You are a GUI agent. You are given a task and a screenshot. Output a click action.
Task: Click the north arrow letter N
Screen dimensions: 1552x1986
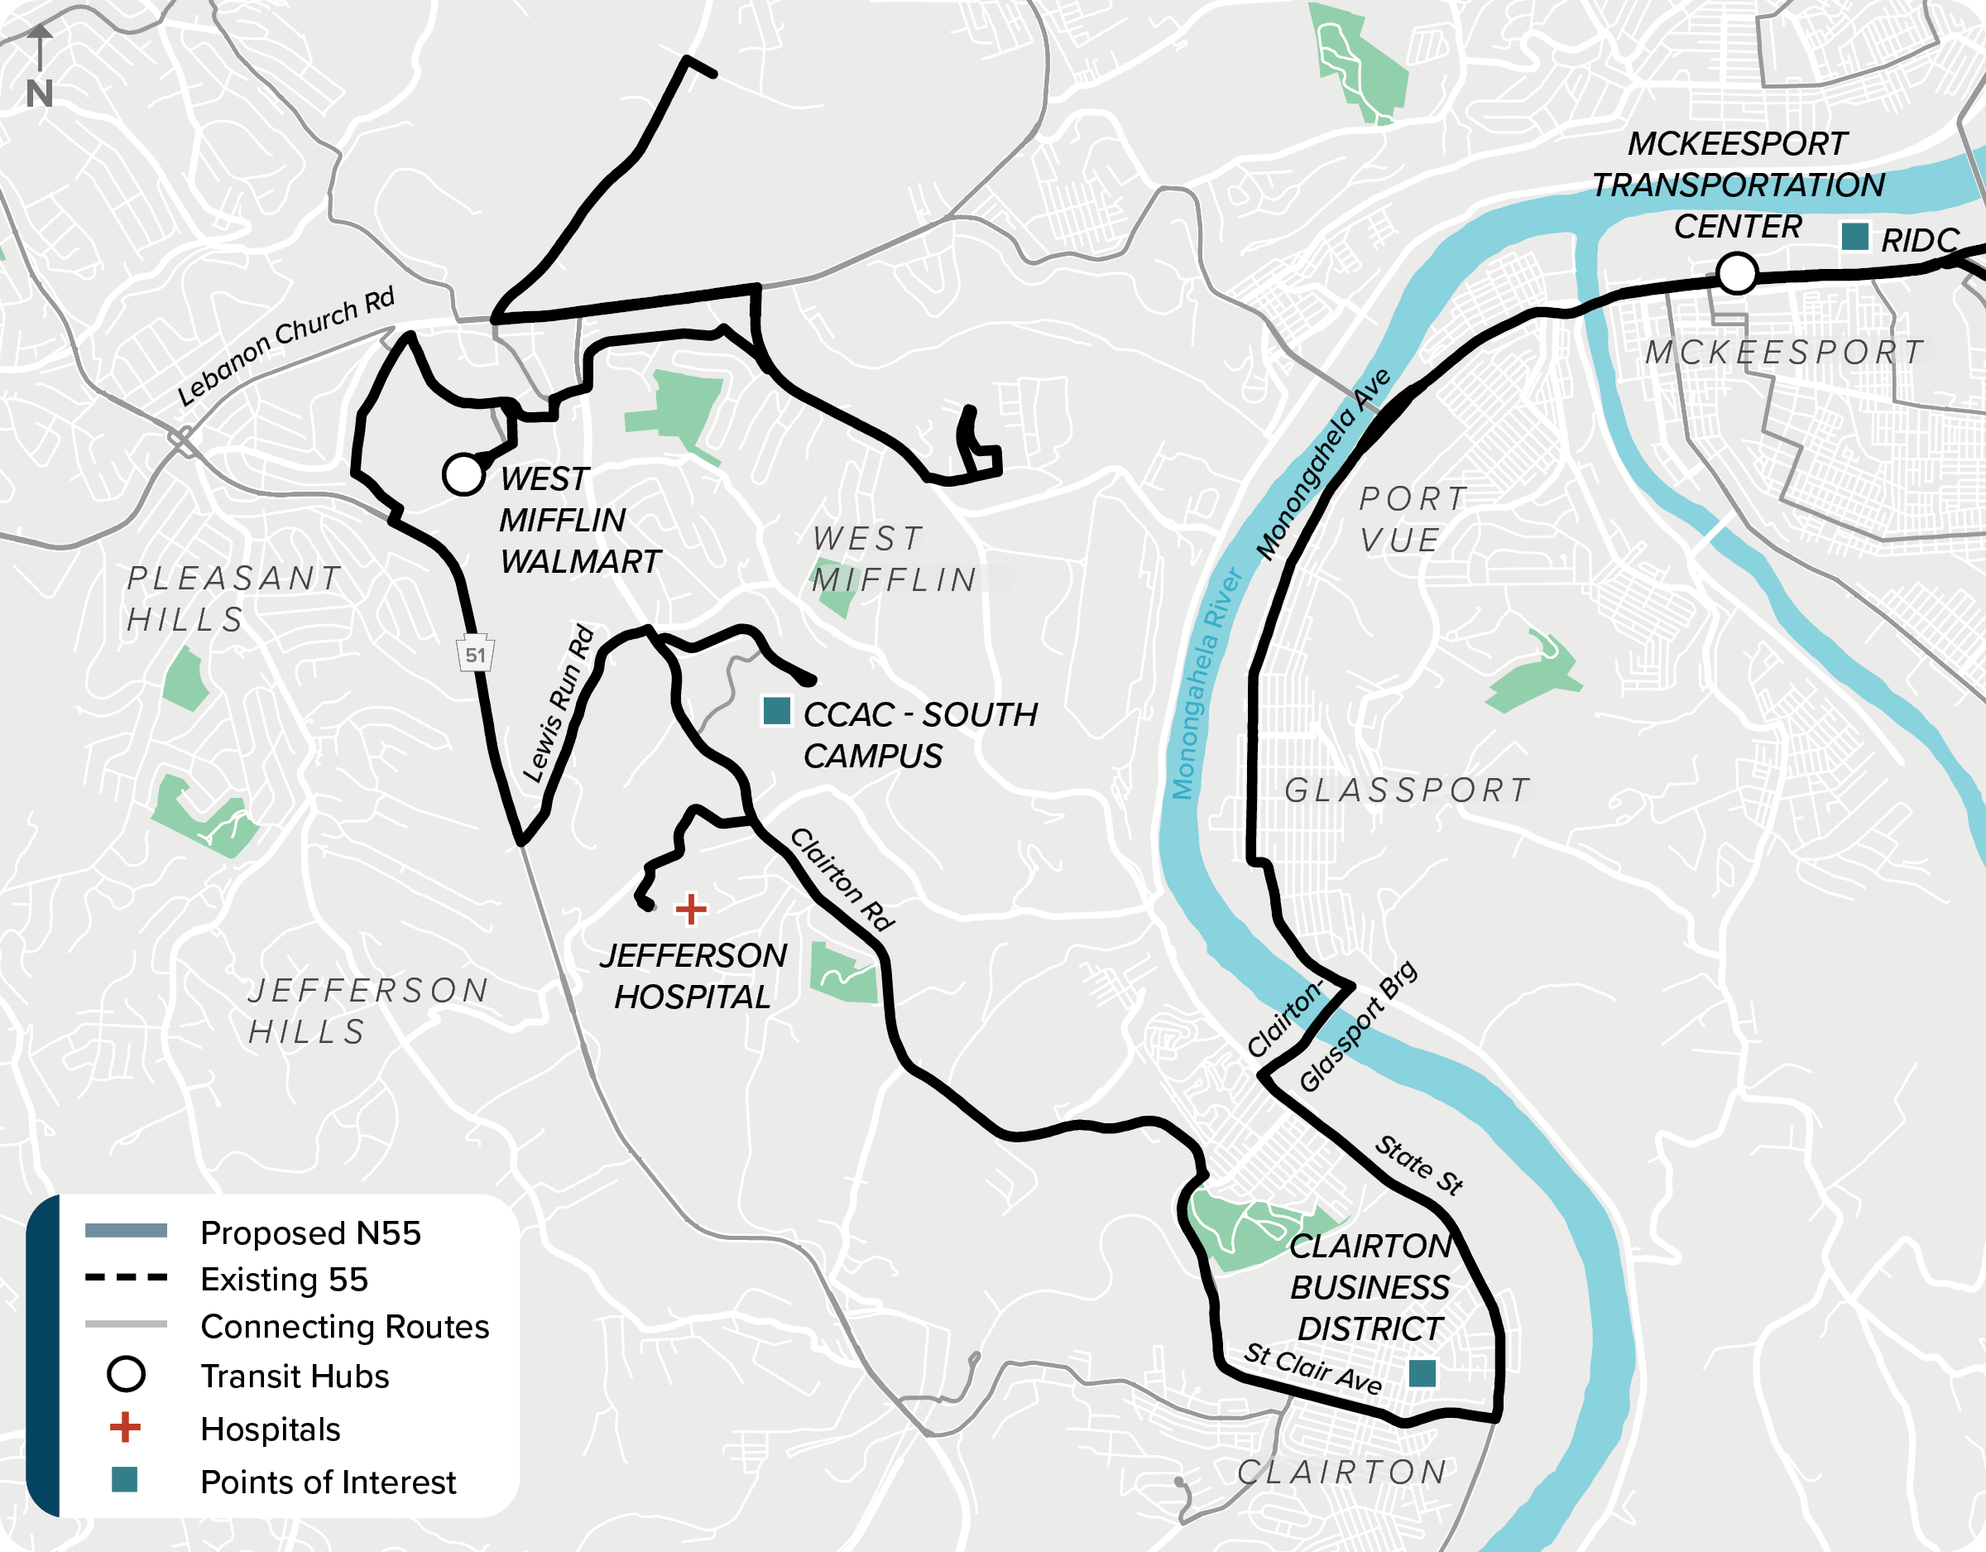39,94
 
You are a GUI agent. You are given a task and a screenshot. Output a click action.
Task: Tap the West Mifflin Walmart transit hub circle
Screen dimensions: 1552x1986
463,475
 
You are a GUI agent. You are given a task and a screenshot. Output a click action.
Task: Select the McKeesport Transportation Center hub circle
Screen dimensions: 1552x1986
1737,273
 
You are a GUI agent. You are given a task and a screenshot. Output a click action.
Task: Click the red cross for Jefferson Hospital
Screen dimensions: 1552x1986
691,909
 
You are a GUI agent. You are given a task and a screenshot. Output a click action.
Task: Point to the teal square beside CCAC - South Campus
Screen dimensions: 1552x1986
776,711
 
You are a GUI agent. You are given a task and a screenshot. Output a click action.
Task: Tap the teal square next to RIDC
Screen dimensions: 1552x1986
1854,237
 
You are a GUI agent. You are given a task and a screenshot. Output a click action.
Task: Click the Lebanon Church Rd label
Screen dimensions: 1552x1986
286,347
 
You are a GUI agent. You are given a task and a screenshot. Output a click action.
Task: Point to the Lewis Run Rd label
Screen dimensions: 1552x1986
559,704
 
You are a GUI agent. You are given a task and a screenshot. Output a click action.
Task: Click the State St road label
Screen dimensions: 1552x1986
1418,1165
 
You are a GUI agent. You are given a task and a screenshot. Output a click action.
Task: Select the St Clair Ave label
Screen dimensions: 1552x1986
1313,1367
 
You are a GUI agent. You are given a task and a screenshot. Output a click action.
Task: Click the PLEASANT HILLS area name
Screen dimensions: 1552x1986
233,598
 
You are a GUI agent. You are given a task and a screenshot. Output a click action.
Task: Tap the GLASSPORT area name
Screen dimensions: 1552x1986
1408,790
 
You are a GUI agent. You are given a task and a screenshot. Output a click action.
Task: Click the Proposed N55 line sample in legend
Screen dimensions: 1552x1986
126,1231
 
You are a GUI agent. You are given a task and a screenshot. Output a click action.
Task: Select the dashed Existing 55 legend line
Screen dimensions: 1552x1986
126,1278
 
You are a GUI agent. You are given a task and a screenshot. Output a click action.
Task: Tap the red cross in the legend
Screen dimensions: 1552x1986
126,1427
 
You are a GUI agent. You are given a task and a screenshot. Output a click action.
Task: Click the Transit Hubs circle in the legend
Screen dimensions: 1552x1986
126,1375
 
